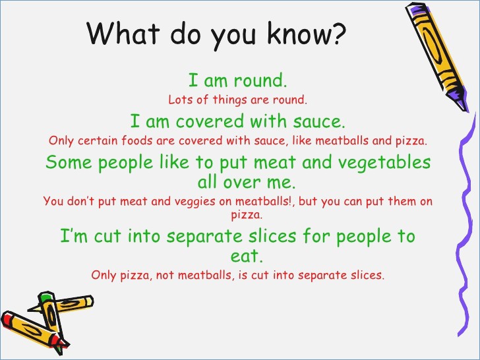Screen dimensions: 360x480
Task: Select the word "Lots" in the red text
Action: [x=179, y=101]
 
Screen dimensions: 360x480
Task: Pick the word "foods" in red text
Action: [x=136, y=140]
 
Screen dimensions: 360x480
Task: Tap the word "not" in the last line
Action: [x=167, y=274]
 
